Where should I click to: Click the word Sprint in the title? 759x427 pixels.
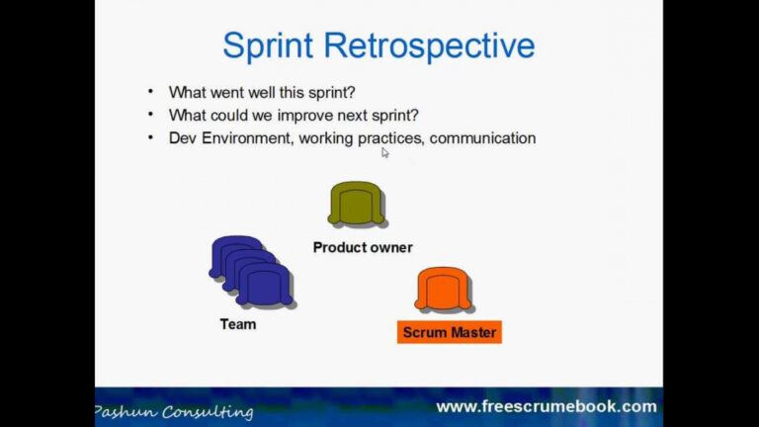[x=268, y=45]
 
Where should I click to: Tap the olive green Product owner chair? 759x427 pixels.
[x=356, y=205]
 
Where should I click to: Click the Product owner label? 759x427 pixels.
[x=363, y=247]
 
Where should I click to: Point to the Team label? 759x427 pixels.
[x=237, y=324]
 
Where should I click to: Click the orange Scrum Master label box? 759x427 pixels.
[x=450, y=332]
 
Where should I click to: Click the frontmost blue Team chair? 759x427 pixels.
[x=265, y=285]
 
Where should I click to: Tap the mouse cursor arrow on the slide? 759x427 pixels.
[x=385, y=152]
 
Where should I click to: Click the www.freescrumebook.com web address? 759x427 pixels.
[x=546, y=406]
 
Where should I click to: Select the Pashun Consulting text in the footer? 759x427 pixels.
[x=174, y=411]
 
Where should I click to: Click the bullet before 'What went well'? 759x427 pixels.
[x=150, y=91]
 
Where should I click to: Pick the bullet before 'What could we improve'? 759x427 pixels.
[x=150, y=115]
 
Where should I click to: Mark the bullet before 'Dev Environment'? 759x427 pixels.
[x=150, y=138]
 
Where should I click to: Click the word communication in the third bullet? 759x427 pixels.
[x=482, y=138]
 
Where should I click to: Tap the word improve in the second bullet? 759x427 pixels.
[x=296, y=115]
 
